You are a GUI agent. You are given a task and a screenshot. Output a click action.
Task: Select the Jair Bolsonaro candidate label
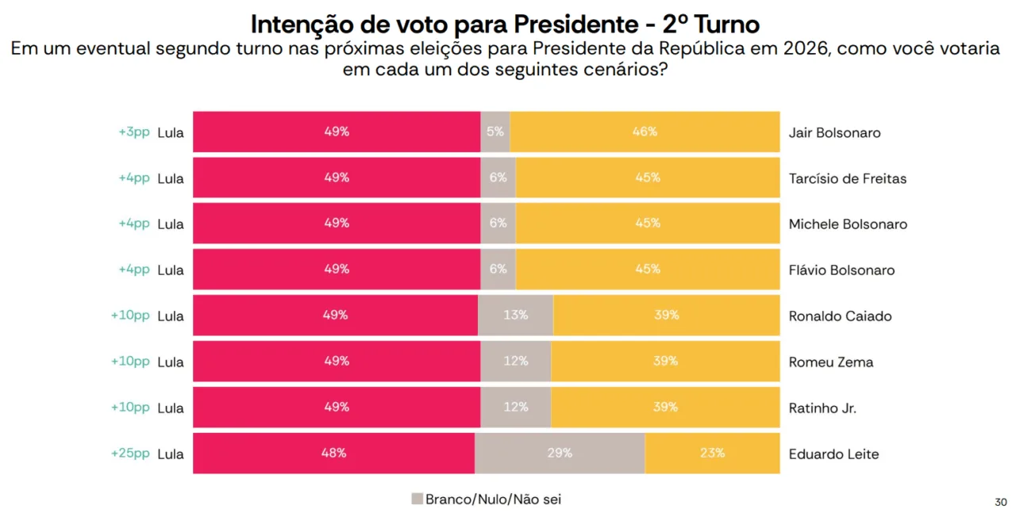(x=834, y=132)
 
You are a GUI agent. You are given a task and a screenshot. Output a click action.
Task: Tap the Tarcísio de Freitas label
(x=847, y=178)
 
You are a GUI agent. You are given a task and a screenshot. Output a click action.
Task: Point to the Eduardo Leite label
(x=833, y=454)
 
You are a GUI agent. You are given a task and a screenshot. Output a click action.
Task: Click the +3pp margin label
(x=133, y=132)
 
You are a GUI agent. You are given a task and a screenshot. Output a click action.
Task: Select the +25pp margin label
(x=130, y=453)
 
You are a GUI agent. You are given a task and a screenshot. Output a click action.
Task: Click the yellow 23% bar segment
(x=712, y=453)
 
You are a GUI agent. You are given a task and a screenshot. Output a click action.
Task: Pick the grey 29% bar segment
(x=560, y=453)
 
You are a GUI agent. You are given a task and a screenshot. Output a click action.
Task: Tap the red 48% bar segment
(x=334, y=453)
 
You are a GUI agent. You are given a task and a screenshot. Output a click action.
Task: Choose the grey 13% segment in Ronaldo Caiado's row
(x=515, y=316)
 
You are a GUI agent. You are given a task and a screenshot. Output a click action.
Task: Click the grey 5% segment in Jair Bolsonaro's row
(x=495, y=132)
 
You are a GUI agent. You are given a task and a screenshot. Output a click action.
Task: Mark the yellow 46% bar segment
(x=645, y=132)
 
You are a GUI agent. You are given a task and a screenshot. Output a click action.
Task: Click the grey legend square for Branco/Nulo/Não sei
(x=417, y=499)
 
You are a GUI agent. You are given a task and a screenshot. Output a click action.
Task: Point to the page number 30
(x=1000, y=502)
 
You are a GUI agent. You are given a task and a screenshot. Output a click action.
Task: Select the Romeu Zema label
(x=830, y=362)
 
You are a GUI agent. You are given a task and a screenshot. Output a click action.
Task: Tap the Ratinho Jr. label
(x=822, y=408)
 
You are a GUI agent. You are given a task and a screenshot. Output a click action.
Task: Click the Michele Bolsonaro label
(x=847, y=224)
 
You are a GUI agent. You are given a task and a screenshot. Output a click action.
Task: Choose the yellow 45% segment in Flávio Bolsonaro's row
(x=647, y=270)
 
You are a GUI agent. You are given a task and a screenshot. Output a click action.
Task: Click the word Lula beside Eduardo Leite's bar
(x=171, y=454)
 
